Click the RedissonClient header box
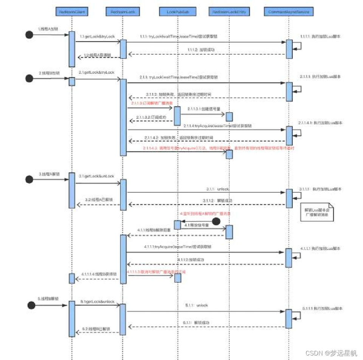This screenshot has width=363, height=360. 72,12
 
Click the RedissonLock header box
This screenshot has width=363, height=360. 123,12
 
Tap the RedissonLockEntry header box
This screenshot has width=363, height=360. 229,12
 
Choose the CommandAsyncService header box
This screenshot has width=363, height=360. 289,12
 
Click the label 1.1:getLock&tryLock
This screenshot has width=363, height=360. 97,36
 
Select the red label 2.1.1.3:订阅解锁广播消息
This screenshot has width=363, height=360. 149,103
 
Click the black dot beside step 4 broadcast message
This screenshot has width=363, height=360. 216,221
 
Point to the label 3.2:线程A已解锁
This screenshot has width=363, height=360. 98,199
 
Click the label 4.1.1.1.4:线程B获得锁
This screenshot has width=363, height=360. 99,274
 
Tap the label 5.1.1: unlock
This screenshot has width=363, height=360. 197,305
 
